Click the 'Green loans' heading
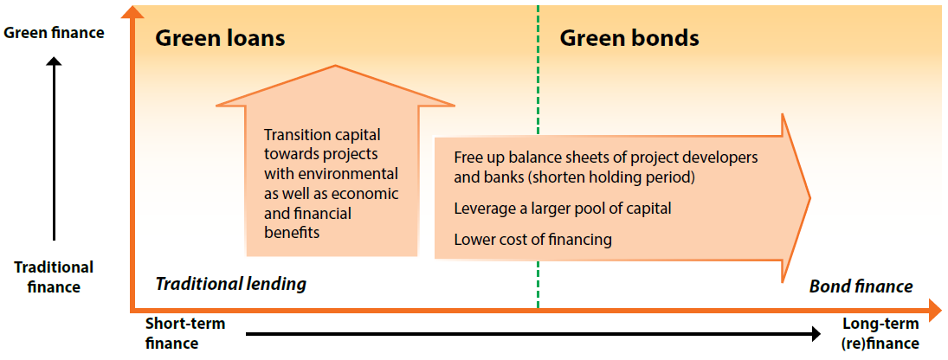[x=220, y=39]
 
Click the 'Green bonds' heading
[x=629, y=39]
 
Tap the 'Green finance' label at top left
[x=55, y=33]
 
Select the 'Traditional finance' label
[x=54, y=277]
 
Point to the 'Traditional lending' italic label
[x=231, y=284]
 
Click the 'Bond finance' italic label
[x=861, y=286]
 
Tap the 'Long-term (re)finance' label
[x=880, y=333]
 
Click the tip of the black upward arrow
[x=55, y=56]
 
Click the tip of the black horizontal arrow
[x=821, y=333]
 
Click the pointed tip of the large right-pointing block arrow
[x=810, y=197]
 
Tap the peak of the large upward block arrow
[x=335, y=65]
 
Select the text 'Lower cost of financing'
[x=532, y=240]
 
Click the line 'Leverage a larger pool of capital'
[x=563, y=209]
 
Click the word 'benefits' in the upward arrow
[x=292, y=233]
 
